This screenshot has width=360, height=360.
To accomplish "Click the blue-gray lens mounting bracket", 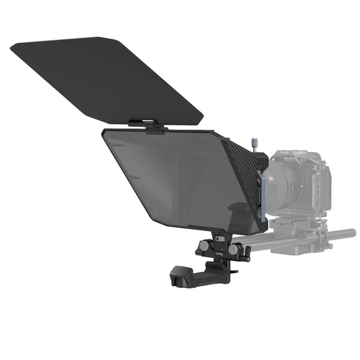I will [260, 192].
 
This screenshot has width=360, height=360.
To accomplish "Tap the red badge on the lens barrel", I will [271, 178].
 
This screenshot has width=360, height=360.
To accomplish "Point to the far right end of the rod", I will [352, 233].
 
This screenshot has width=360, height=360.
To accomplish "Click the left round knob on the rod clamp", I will [206, 245].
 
